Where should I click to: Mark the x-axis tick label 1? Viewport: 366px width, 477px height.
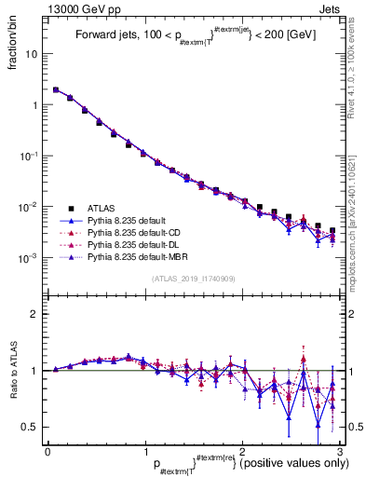click(144, 451)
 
